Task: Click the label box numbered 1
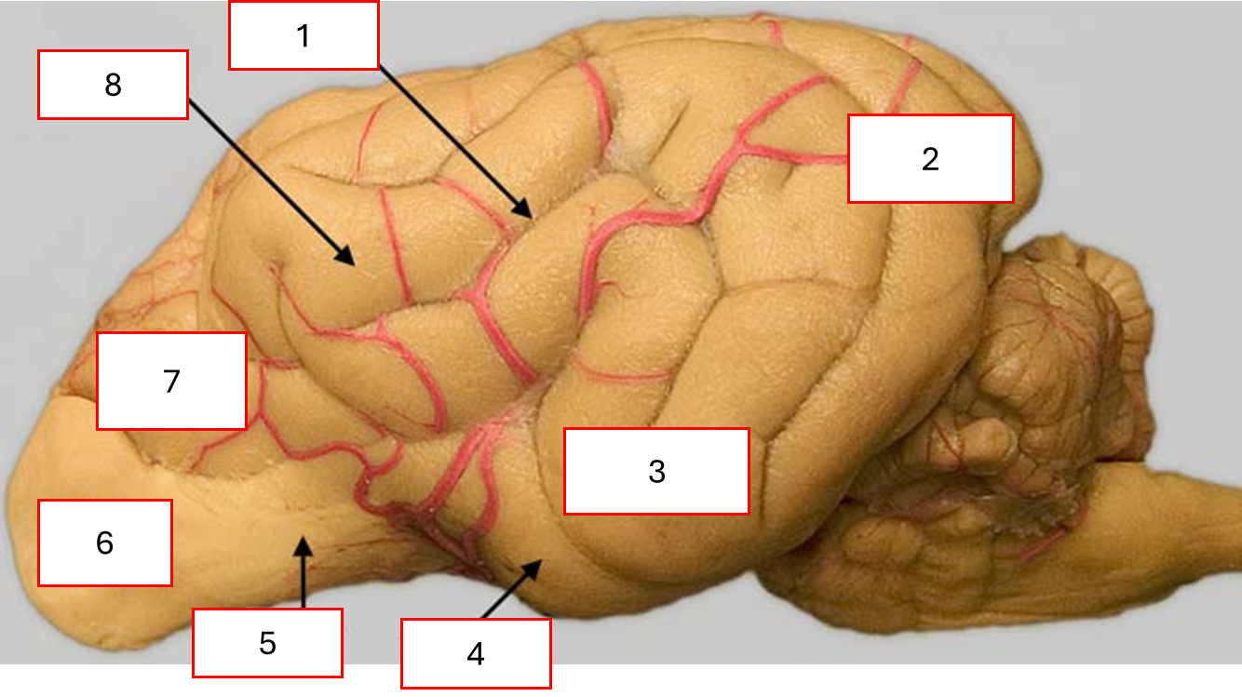[304, 35]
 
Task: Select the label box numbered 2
[930, 158]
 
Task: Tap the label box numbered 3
[656, 471]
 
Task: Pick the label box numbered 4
[476, 653]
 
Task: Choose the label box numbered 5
[267, 642]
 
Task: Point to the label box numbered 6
[105, 543]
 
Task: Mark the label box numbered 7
[171, 382]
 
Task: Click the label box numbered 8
[113, 85]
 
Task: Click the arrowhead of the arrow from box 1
[529, 213]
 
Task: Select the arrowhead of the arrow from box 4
[537, 564]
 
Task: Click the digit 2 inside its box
[930, 159]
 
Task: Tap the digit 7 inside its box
[171, 382]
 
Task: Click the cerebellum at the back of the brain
[1052, 372]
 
